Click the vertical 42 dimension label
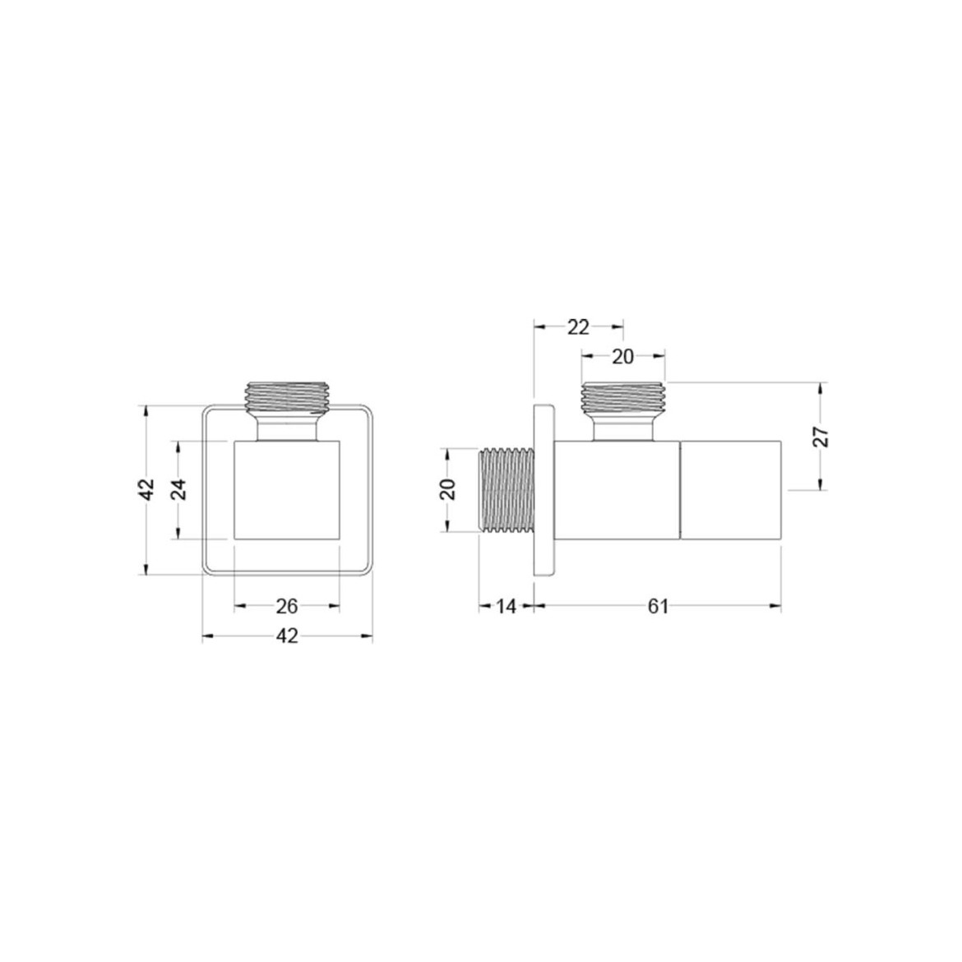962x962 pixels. click(x=147, y=489)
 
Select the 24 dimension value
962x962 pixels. click(x=178, y=489)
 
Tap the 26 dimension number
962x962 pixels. click(x=286, y=606)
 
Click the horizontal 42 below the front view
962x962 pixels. click(x=286, y=636)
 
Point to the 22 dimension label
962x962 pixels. click(x=578, y=327)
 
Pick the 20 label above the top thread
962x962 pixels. click(x=622, y=357)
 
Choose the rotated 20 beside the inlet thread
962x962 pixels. click(x=449, y=489)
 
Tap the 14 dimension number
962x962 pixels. click(x=506, y=606)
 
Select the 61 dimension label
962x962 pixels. click(x=658, y=606)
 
